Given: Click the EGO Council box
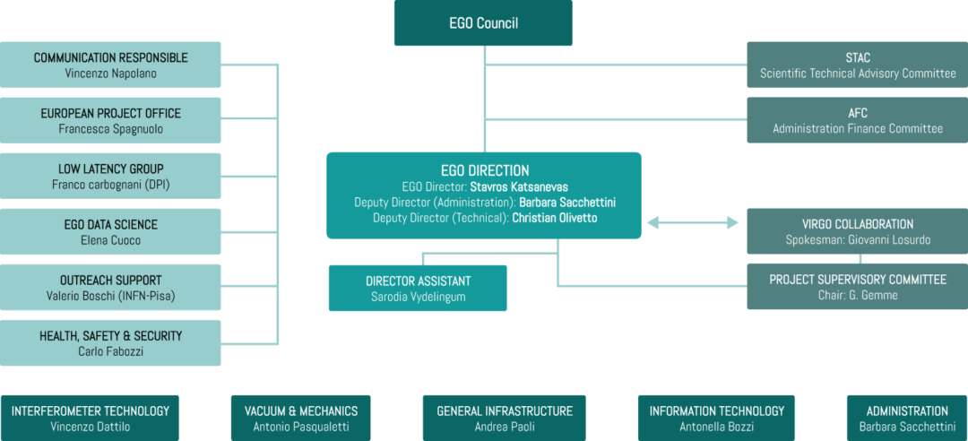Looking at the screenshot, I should (483, 23).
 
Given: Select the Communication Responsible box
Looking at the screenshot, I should (110, 65).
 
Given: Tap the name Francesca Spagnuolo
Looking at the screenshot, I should (110, 129).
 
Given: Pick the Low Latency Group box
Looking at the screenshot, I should (110, 176).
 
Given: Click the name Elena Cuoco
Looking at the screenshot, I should (110, 240).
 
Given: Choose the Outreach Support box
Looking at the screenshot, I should (110, 287).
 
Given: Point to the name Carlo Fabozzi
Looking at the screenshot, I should (110, 351).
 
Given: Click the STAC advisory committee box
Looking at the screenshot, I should (857, 65).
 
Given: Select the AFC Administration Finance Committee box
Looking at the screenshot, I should (857, 120).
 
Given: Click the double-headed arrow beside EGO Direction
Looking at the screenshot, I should (693, 221).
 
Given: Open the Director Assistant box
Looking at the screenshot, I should (418, 288).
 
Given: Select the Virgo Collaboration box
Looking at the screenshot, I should (857, 231).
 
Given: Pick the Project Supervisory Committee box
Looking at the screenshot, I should (857, 287).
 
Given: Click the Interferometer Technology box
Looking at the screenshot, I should (90, 418).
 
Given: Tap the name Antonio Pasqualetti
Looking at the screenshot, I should (301, 427).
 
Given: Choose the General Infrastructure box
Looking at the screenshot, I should (504, 418).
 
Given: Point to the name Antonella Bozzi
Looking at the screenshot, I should (716, 427).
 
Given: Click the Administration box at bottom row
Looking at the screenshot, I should (907, 418).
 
